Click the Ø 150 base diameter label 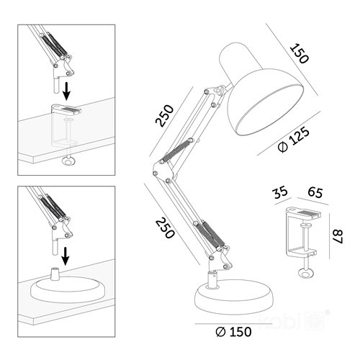click(233, 332)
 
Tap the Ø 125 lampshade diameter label click(293, 140)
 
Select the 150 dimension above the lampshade click(299, 53)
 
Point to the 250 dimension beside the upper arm click(164, 115)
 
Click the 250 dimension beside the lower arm click(165, 228)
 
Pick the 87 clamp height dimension click(338, 237)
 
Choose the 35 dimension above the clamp click(280, 192)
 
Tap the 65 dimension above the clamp click(315, 192)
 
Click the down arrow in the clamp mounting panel click(66, 91)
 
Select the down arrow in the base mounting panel click(66, 256)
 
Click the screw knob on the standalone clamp click(305, 274)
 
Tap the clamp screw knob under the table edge click(69, 161)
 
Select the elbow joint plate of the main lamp click(163, 171)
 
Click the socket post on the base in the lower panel click(55, 274)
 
